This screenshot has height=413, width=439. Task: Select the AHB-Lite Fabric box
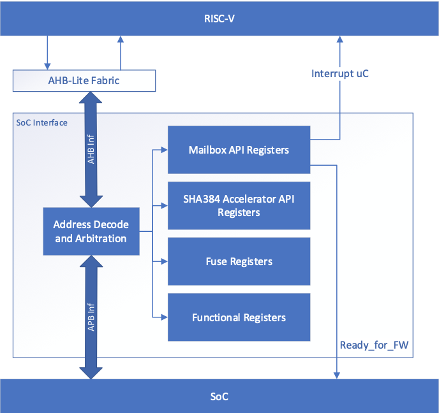pyautogui.click(x=84, y=80)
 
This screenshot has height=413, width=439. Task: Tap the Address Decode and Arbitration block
pyautogui.click(x=91, y=231)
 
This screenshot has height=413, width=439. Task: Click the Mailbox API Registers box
pyautogui.click(x=239, y=150)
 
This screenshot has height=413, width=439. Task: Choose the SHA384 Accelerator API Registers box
pyautogui.click(x=239, y=205)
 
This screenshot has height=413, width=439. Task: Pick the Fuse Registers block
pyautogui.click(x=239, y=261)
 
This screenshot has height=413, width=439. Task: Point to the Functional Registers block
pyautogui.click(x=239, y=317)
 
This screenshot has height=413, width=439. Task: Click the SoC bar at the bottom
pyautogui.click(x=219, y=396)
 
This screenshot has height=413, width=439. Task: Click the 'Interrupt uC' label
pyautogui.click(x=339, y=73)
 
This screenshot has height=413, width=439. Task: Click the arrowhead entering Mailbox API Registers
pyautogui.click(x=164, y=151)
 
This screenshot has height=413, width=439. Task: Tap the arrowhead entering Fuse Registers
pyautogui.click(x=164, y=261)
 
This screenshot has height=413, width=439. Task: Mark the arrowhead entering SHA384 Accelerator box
pyautogui.click(x=164, y=205)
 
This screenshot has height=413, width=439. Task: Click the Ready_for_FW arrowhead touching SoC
pyautogui.click(x=336, y=375)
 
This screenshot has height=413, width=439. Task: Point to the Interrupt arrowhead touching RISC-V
pyautogui.click(x=339, y=40)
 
